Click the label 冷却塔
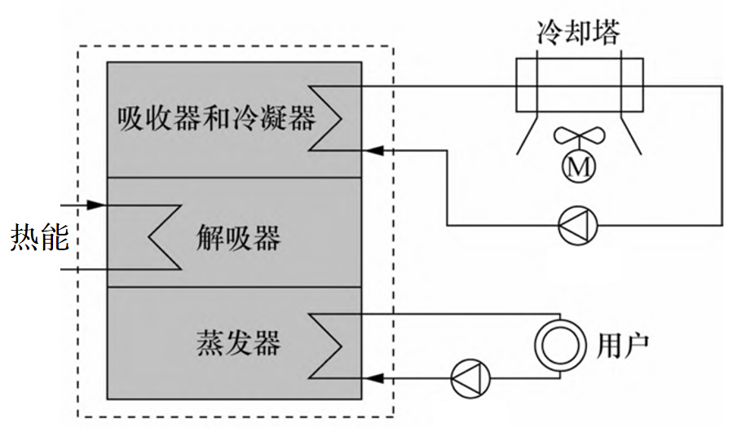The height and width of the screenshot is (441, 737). coord(579,33)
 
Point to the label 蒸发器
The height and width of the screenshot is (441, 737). coord(238,343)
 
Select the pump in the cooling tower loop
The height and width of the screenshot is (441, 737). coord(577,226)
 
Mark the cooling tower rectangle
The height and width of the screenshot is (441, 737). coord(580,84)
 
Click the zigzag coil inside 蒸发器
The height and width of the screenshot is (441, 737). coord(326,346)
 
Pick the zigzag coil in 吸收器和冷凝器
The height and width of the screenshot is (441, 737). coord(326,118)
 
